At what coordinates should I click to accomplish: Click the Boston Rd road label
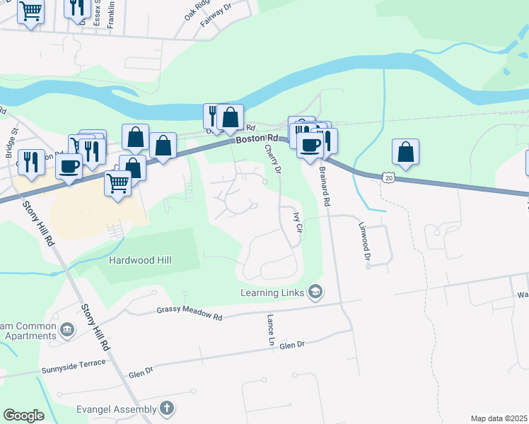coord(257,139)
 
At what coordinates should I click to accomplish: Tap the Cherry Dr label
coord(272,160)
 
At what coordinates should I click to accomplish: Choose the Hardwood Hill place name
coord(140,260)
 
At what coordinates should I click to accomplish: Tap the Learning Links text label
coord(272,292)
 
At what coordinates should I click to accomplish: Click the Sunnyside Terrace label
coord(74,365)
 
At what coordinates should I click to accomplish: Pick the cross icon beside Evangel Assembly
coord(166,408)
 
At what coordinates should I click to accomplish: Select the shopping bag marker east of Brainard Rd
coord(405,151)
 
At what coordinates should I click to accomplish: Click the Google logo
coord(23,416)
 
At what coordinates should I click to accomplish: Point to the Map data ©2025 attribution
coord(499,418)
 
